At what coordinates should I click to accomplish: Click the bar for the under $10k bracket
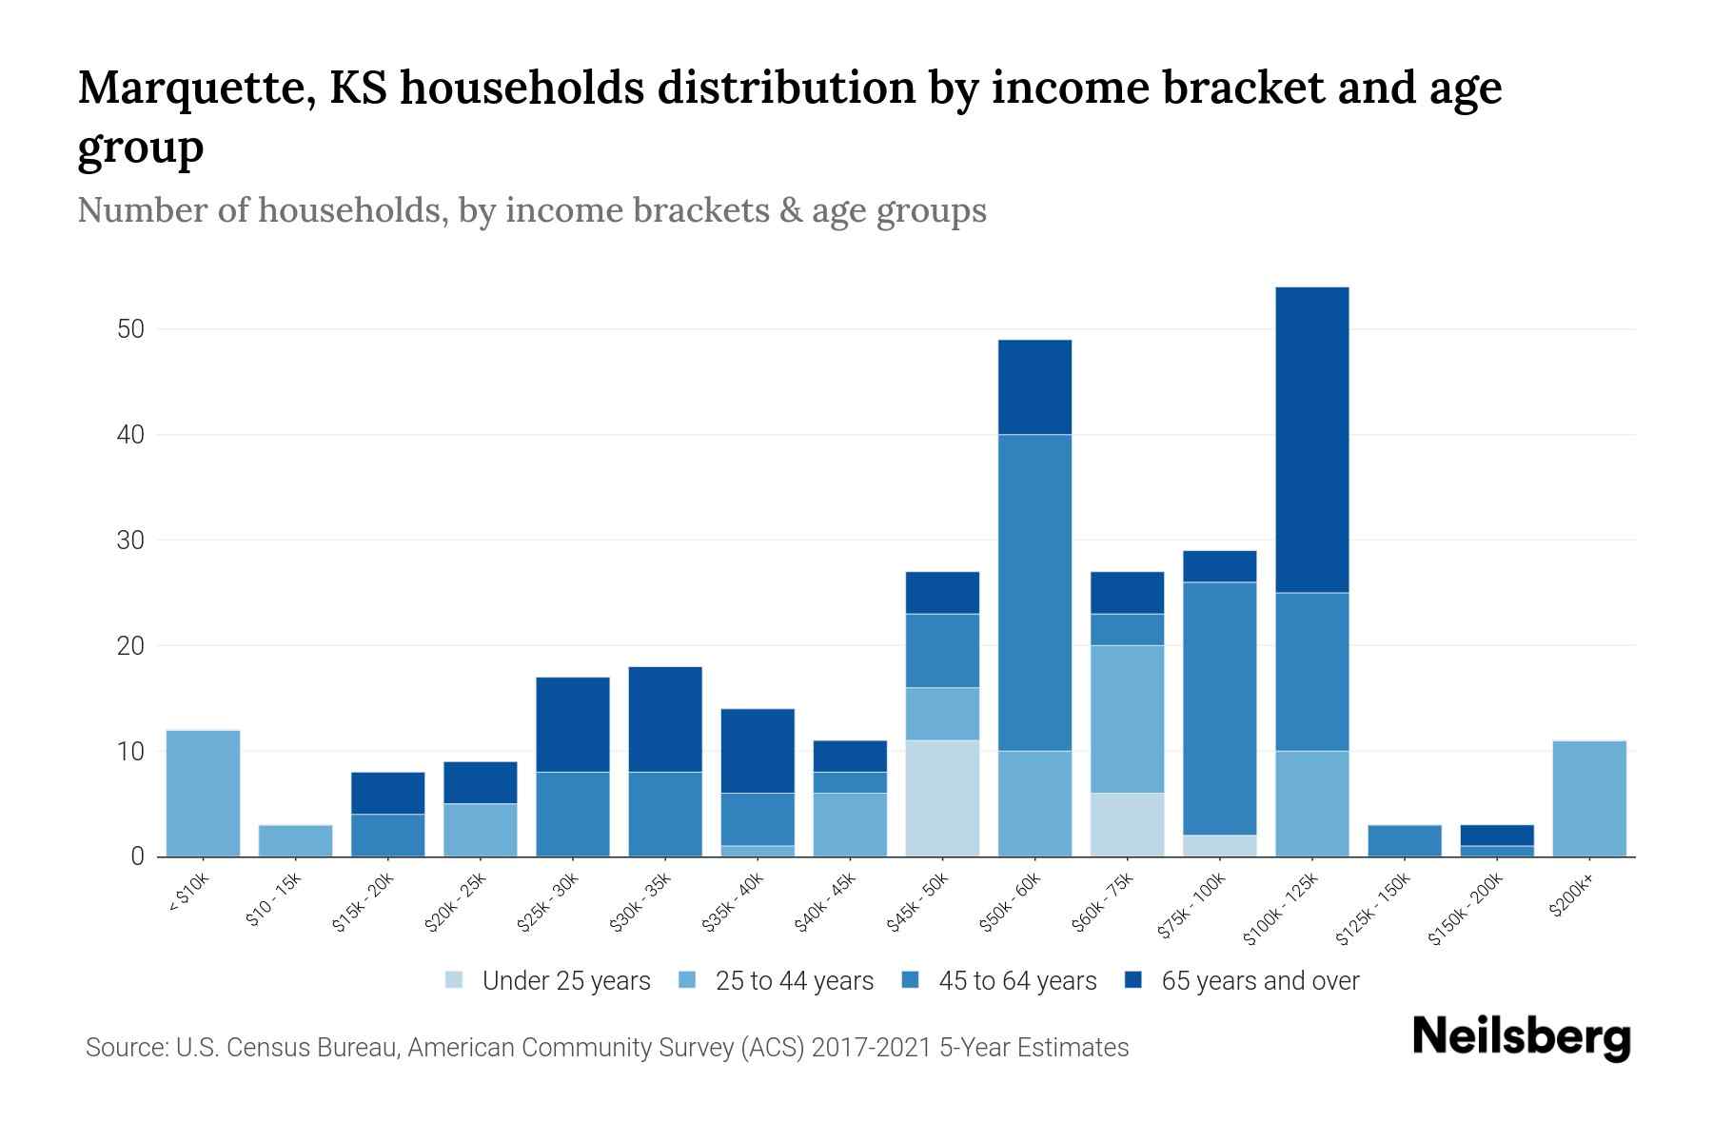(203, 793)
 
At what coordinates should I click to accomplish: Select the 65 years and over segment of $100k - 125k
(1311, 440)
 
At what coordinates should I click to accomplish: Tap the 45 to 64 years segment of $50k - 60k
(1034, 593)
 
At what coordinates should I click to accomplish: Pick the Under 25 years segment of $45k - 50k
(942, 798)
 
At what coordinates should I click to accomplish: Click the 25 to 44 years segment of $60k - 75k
(1127, 719)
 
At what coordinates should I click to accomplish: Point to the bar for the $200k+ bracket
(1589, 798)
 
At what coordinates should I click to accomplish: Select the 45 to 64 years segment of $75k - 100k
(1219, 708)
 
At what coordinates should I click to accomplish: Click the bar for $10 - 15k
(295, 840)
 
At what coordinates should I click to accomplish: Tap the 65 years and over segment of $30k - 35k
(665, 719)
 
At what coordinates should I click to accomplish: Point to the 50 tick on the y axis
(130, 329)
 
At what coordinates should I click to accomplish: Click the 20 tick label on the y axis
(130, 646)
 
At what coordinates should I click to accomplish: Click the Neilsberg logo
(1521, 1037)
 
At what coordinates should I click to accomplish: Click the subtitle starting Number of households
(532, 210)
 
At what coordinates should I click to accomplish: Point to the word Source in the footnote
(126, 1048)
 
